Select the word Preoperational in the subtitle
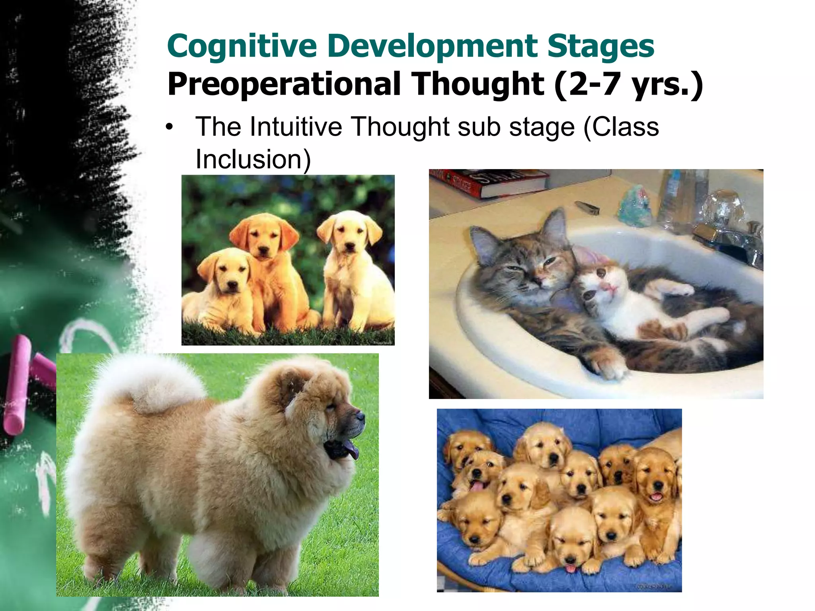click(284, 84)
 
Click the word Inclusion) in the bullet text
click(253, 160)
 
